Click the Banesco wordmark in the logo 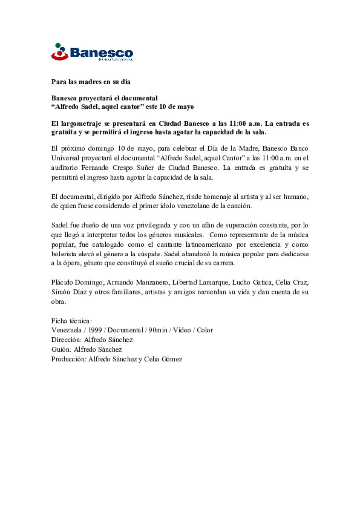101,53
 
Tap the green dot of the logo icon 58,45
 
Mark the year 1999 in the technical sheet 95,330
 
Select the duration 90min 158,330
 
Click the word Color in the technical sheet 205,330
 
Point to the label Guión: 61,349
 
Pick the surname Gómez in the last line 172,359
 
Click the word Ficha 59,321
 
